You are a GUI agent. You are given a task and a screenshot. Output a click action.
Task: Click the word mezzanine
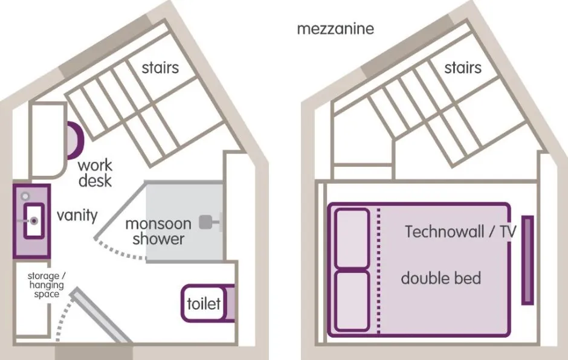pyautogui.click(x=335, y=28)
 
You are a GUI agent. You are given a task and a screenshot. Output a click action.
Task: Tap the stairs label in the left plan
pyautogui.click(x=160, y=67)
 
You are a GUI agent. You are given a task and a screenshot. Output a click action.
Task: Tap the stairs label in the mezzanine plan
pyautogui.click(x=463, y=67)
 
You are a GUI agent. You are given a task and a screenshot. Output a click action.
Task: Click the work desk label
pyautogui.click(x=95, y=172)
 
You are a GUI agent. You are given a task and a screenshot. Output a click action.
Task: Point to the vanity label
pyautogui.click(x=77, y=215)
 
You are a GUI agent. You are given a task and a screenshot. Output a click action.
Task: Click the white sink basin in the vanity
pyautogui.click(x=33, y=222)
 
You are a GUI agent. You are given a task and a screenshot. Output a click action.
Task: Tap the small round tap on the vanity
pyautogui.click(x=24, y=196)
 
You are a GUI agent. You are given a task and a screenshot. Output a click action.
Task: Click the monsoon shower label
pyautogui.click(x=158, y=231)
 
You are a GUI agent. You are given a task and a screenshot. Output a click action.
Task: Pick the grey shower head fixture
pyautogui.click(x=208, y=222)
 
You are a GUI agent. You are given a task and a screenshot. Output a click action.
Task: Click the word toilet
pyautogui.click(x=204, y=303)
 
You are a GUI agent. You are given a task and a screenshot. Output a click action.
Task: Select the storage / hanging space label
pyautogui.click(x=47, y=285)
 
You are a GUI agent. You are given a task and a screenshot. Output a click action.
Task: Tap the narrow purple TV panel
pyautogui.click(x=528, y=260)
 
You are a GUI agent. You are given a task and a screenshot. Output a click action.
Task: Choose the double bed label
pyautogui.click(x=441, y=278)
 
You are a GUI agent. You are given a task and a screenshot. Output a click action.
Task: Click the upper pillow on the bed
pyautogui.click(x=352, y=238)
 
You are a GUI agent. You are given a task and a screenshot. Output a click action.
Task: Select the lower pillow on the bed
pyautogui.click(x=352, y=301)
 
